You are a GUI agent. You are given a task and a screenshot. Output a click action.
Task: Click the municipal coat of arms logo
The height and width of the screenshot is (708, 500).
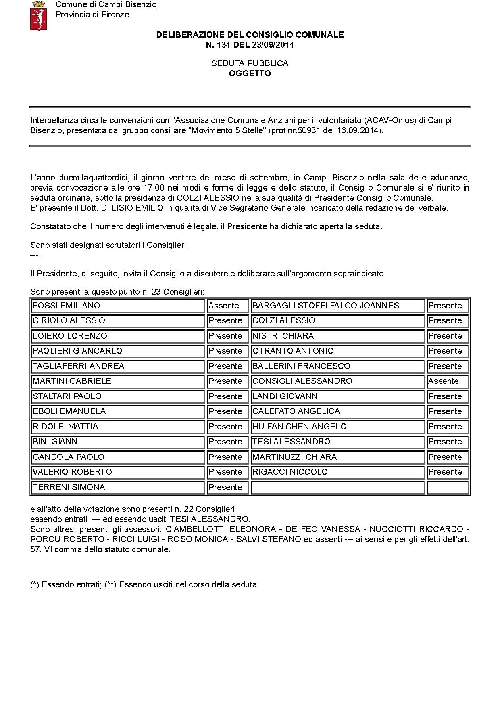click(39, 16)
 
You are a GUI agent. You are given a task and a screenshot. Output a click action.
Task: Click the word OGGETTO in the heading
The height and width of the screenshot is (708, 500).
click(250, 73)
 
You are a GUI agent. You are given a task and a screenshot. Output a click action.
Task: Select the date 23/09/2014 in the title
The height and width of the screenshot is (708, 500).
click(273, 45)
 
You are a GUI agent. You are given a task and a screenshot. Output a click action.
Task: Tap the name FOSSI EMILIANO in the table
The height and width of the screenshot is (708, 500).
click(67, 306)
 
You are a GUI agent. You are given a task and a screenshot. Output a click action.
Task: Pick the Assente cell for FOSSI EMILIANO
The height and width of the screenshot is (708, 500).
click(224, 306)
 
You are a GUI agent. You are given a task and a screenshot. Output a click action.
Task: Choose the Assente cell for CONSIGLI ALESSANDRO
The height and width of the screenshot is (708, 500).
click(443, 381)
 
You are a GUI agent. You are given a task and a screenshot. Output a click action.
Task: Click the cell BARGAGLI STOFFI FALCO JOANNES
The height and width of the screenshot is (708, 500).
click(325, 306)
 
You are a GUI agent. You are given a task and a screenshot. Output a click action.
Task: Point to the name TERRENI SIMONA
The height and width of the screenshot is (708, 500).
click(69, 487)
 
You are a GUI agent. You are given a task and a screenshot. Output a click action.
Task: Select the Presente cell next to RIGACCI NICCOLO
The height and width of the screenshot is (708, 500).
click(445, 472)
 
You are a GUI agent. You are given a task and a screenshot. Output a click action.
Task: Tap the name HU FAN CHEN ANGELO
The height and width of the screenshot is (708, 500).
click(299, 427)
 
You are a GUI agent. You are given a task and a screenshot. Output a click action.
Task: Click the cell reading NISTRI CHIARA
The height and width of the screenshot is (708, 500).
click(283, 336)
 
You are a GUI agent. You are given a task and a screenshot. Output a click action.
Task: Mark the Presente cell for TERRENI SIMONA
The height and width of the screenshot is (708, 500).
click(225, 487)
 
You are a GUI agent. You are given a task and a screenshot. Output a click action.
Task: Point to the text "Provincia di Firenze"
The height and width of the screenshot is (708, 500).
click(92, 15)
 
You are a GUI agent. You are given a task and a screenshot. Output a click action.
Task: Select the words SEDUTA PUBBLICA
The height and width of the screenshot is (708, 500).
click(250, 63)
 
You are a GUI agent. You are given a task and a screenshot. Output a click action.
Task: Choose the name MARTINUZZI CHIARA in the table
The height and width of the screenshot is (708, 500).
click(294, 457)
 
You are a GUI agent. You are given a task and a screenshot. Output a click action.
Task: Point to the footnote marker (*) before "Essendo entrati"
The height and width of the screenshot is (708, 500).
click(35, 584)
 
